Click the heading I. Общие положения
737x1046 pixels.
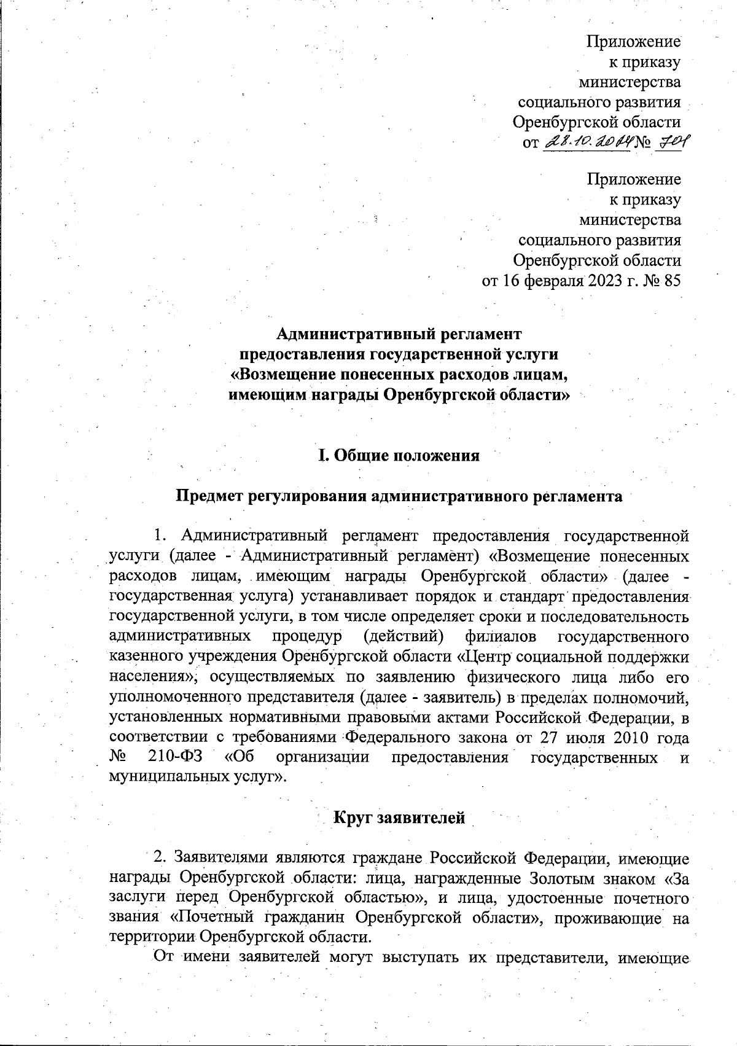coord(398,456)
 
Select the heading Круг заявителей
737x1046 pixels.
coord(399,818)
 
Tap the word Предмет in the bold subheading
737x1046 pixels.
coord(209,496)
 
